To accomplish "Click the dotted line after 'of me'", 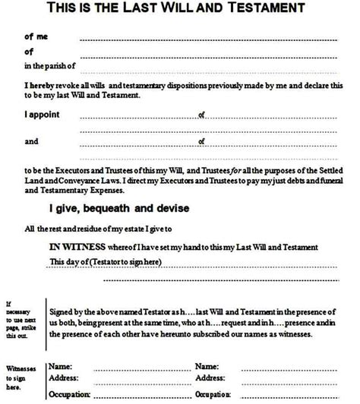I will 205,38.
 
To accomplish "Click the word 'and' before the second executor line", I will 31,141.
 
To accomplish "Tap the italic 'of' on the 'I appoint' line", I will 202,115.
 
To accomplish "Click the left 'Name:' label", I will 61,366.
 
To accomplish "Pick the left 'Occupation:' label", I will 71,395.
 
